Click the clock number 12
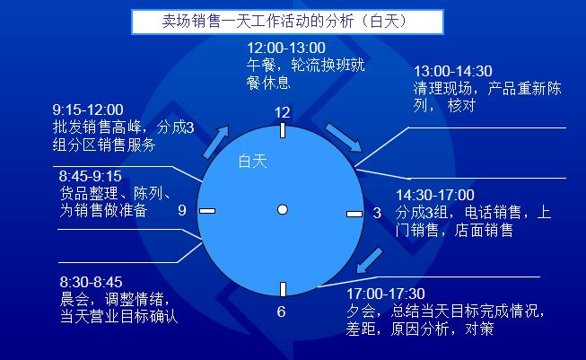283,113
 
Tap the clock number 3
377,213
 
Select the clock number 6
281,312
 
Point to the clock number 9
182,211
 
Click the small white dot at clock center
282,209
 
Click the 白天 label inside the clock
252,162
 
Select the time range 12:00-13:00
286,47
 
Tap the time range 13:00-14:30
452,71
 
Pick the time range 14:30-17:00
435,195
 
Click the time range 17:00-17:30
386,294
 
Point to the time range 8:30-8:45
92,281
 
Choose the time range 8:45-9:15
91,175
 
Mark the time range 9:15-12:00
88,110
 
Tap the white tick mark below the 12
283,130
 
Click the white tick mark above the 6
283,289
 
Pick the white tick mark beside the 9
208,211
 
